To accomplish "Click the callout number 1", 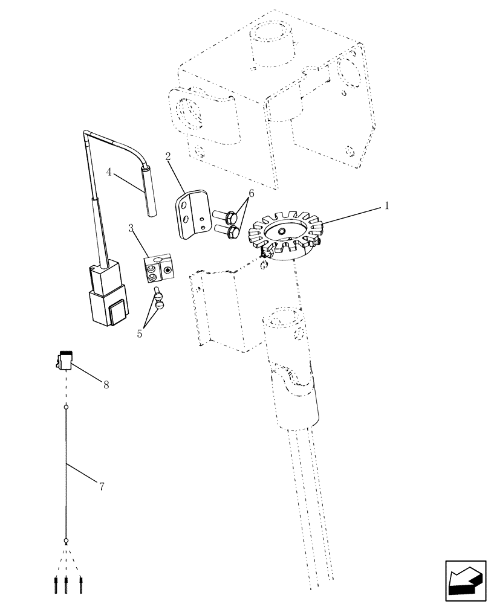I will click(386, 206).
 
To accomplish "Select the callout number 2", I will click(167, 157).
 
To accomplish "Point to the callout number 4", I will click(109, 172).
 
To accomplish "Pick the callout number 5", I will click(140, 333).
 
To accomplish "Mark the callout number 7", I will click(101, 486).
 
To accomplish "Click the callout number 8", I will click(106, 385).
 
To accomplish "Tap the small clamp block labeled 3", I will click(158, 268).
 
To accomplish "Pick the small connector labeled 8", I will click(65, 362).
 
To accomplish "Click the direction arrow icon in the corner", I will click(466, 581).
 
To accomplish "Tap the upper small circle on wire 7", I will click(67, 408).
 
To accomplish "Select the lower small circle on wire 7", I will click(67, 541).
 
